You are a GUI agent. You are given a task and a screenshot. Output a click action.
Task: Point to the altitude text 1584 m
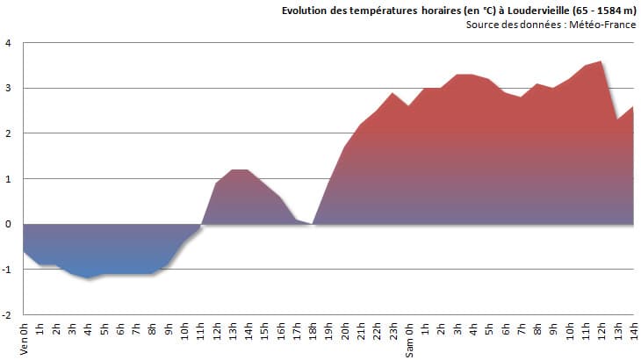coord(612,11)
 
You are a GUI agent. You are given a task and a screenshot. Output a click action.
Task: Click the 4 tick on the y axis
coord(8,43)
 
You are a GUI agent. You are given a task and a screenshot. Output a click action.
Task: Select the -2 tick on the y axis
coord(7,314)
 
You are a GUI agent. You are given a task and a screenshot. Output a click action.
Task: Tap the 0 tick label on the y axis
coord(8,224)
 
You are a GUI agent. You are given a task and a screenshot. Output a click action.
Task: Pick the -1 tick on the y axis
coord(7,270)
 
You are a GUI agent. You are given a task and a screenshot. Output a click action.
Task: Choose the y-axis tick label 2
coord(8,133)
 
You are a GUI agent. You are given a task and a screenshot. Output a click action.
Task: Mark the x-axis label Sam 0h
coord(409,341)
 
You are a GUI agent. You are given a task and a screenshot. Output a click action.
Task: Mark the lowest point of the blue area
coord(88,278)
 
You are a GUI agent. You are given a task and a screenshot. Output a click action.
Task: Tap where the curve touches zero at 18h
coord(313,224)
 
